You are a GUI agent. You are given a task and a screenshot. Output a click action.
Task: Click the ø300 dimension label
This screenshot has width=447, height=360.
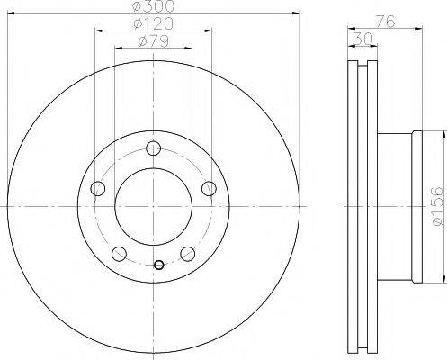(153, 6)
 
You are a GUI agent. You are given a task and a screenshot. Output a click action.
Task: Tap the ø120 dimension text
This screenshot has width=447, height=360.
(153, 23)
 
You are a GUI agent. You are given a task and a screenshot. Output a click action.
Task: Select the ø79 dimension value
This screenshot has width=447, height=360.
(153, 41)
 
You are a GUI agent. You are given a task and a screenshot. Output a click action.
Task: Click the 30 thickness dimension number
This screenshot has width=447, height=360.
(363, 39)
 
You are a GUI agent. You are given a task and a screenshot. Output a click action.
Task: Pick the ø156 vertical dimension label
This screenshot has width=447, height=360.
(436, 206)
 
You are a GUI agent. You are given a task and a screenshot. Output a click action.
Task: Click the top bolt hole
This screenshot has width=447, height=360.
(153, 148)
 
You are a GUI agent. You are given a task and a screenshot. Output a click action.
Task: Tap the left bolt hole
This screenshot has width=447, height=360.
(98, 189)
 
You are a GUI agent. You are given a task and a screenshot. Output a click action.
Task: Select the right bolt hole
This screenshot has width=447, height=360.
(209, 189)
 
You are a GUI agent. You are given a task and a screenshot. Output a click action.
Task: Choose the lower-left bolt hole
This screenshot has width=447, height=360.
(119, 254)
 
